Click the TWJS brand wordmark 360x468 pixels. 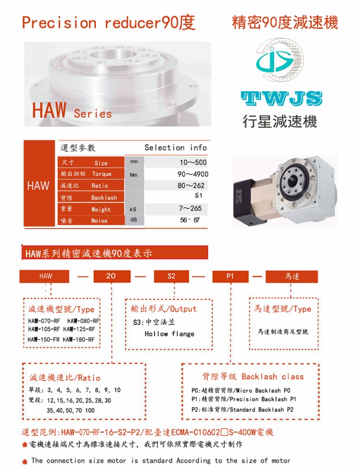(x=281, y=98)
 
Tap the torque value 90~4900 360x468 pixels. (x=193, y=174)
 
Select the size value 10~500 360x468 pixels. (x=193, y=162)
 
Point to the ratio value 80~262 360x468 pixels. (x=191, y=186)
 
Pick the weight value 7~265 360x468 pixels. (x=190, y=208)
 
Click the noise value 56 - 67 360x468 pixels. (x=190, y=220)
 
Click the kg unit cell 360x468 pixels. (x=133, y=209)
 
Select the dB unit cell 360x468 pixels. (x=133, y=220)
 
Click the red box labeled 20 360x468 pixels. (x=112, y=276)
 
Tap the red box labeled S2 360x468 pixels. (x=171, y=276)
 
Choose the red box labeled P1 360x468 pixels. (x=230, y=276)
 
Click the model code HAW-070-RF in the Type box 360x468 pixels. (x=44, y=321)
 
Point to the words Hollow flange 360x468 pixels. (x=169, y=334)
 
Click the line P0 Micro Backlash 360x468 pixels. (x=241, y=390)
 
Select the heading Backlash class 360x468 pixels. (x=272, y=377)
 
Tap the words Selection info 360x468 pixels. (x=176, y=147)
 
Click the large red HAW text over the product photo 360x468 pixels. (x=49, y=110)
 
